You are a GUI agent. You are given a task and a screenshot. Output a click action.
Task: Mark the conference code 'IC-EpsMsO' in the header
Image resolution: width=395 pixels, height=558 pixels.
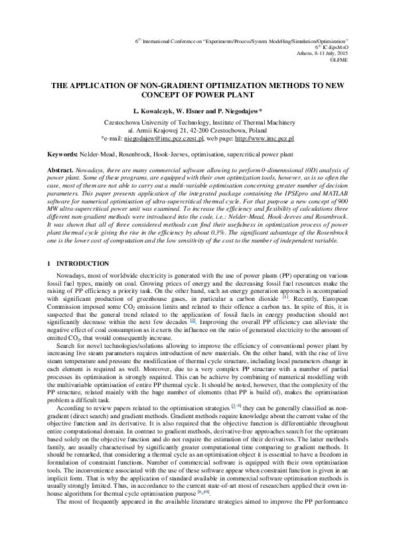(336, 46)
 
